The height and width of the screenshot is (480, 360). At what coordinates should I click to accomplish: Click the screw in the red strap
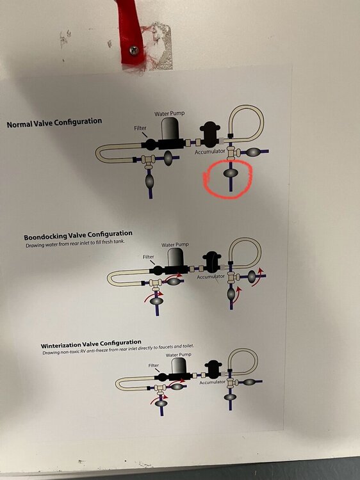click(x=134, y=51)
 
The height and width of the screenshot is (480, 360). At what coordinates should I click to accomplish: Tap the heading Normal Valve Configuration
click(x=54, y=123)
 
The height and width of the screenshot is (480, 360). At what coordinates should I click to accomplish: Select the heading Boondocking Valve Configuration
click(x=78, y=236)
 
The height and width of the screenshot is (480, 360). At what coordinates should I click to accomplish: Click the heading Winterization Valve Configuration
click(x=91, y=344)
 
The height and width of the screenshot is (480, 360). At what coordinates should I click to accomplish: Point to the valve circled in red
click(x=231, y=173)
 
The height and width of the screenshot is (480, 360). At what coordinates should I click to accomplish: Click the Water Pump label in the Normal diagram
click(x=169, y=113)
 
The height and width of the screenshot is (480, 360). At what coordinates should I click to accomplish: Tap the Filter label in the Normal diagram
click(x=140, y=128)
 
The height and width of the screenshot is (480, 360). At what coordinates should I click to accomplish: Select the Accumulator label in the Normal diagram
click(x=210, y=152)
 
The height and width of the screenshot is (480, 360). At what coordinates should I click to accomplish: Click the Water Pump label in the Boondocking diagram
click(x=175, y=244)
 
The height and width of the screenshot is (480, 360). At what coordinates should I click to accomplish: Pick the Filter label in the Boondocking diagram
click(x=148, y=257)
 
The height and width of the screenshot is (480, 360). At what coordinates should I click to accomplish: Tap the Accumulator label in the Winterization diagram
click(x=212, y=382)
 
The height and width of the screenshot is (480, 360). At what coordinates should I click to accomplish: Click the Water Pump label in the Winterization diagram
click(x=178, y=355)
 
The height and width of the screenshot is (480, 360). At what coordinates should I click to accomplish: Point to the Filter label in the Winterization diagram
click(x=154, y=365)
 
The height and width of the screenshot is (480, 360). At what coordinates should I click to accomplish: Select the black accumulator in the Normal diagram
click(x=209, y=134)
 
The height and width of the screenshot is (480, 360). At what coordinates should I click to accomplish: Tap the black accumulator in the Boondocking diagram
click(x=212, y=262)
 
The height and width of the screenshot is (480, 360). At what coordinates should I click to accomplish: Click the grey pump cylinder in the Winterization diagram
click(x=179, y=365)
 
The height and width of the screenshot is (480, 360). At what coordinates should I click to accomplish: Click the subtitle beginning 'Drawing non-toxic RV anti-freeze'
click(x=118, y=349)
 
